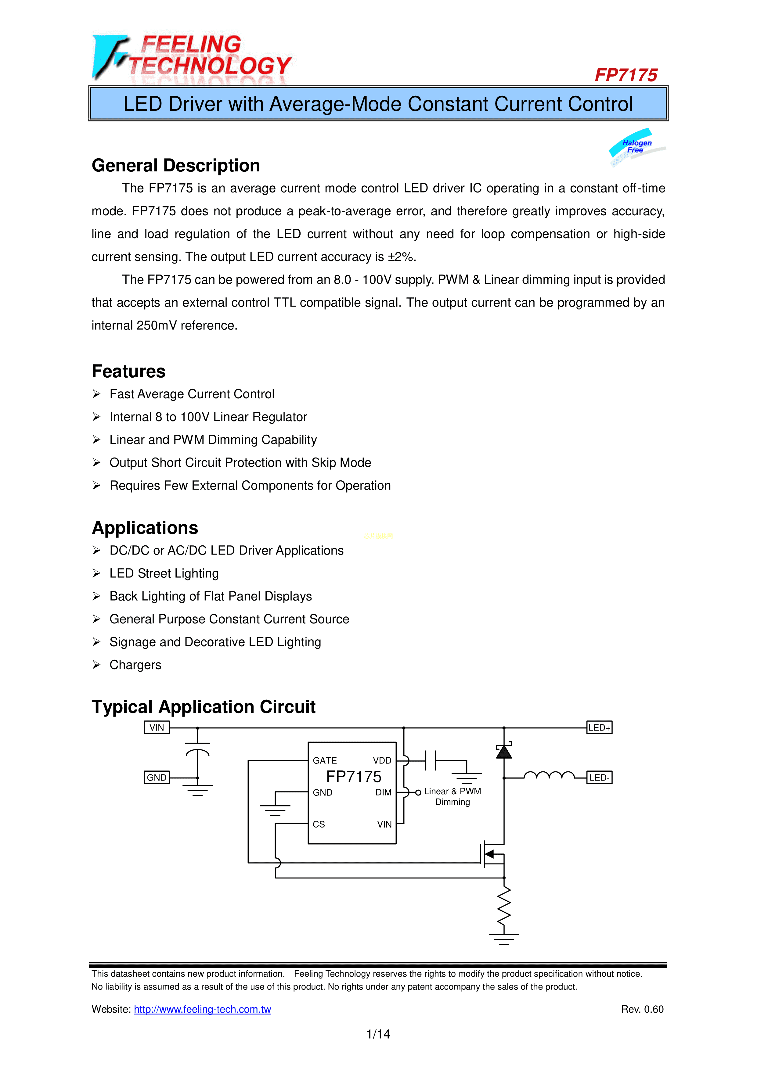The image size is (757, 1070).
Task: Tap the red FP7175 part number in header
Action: [625, 75]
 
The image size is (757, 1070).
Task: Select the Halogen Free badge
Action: [637, 146]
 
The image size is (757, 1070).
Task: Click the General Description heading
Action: [176, 165]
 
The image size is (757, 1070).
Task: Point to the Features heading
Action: [129, 372]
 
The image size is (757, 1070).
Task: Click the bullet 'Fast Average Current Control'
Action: [192, 394]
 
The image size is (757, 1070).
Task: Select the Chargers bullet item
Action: [135, 665]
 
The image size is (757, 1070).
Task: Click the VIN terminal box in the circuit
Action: [157, 727]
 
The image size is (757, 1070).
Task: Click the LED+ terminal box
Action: [599, 727]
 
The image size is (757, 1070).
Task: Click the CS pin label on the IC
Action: [319, 824]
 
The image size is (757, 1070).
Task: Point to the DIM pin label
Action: [384, 792]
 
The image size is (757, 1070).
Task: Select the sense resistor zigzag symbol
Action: [504, 906]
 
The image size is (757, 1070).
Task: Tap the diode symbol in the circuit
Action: [504, 751]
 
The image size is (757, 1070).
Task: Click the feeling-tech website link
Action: [202, 1009]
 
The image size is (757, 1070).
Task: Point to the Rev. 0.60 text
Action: [642, 1009]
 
